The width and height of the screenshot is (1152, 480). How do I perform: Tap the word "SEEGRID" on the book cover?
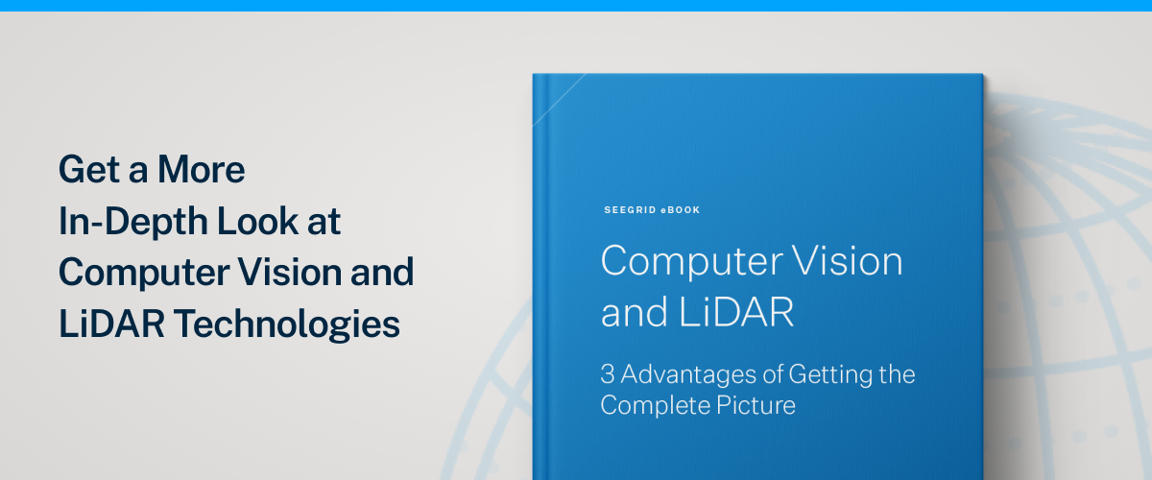coord(629,209)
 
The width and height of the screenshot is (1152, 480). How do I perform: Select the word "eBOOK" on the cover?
coord(680,209)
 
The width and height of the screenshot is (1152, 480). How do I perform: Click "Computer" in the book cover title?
coord(688,262)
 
